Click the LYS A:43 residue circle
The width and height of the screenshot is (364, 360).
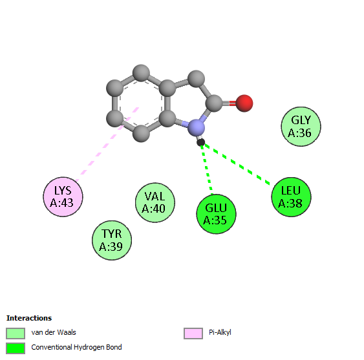(x=63, y=197)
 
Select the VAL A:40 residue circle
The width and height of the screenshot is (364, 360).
(x=155, y=203)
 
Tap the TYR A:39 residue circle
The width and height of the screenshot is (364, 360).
(x=112, y=240)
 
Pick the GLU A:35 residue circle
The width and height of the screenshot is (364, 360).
(x=216, y=214)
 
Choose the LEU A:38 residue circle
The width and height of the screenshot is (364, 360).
(x=291, y=197)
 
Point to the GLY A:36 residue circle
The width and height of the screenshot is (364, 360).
(x=301, y=127)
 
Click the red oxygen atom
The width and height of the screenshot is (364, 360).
(x=244, y=103)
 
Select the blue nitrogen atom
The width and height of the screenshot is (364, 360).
(x=197, y=128)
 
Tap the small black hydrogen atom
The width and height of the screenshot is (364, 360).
(x=201, y=142)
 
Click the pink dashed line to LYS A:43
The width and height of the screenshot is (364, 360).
(x=107, y=144)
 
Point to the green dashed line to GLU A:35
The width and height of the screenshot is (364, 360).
(x=207, y=169)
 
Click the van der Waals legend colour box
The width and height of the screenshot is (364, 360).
(x=16, y=334)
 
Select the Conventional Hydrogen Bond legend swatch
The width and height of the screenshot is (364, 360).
(x=16, y=348)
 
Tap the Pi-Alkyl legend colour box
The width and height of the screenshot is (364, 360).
(x=193, y=334)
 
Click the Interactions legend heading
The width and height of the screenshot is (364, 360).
(x=29, y=318)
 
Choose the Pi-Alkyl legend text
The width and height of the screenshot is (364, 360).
(x=220, y=332)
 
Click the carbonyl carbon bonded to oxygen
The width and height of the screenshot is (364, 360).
(x=214, y=103)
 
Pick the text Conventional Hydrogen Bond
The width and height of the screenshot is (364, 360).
(x=76, y=347)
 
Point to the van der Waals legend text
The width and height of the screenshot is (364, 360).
(x=54, y=332)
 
